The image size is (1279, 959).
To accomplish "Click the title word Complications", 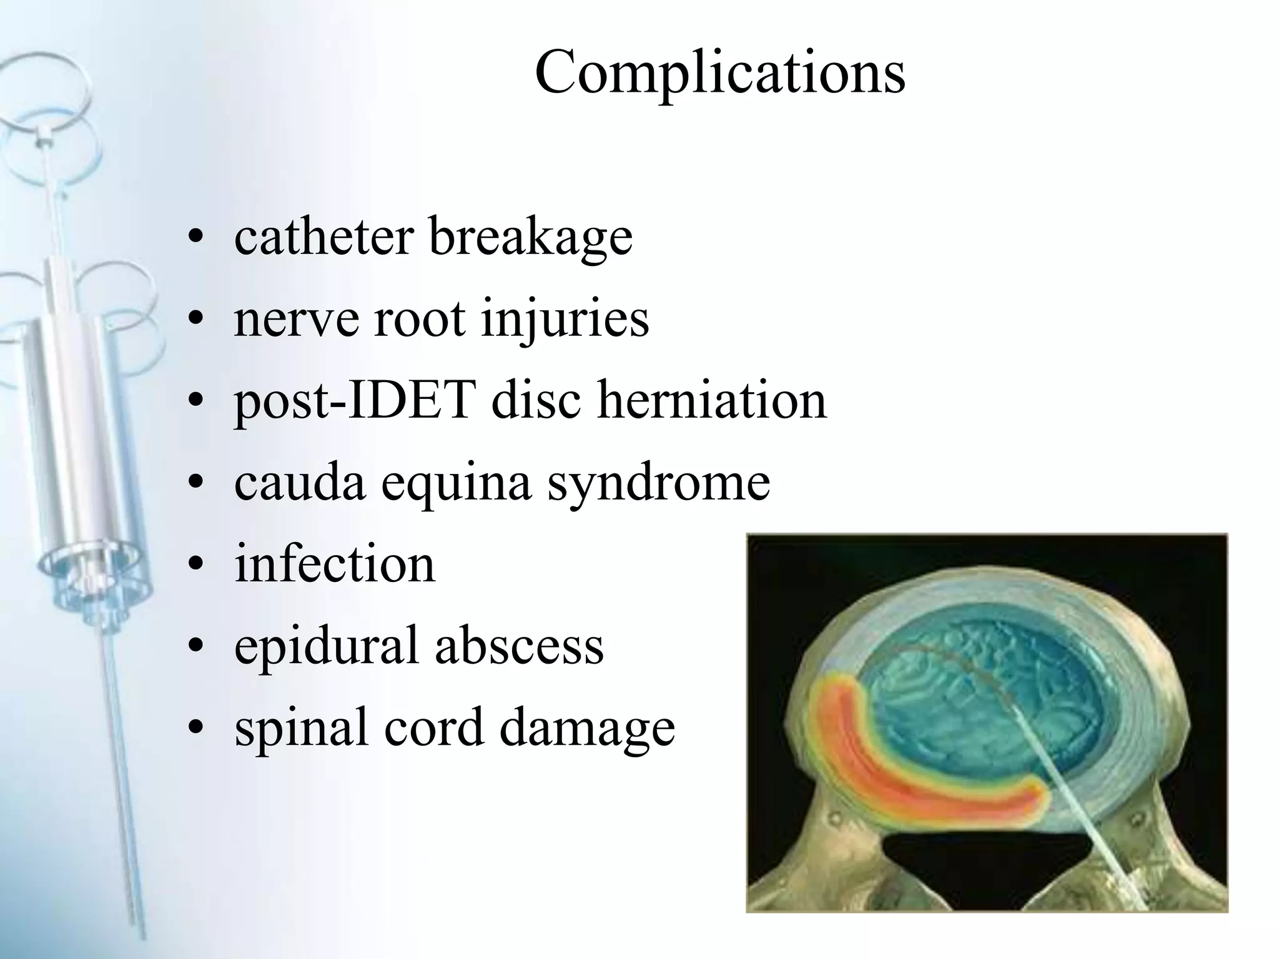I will coord(720,73).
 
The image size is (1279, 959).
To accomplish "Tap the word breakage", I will coord(531,238).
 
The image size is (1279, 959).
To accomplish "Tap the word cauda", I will coord(299,482).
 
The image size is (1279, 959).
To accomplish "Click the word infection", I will coord(335,564).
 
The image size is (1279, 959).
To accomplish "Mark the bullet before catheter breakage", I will coord(196,237).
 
